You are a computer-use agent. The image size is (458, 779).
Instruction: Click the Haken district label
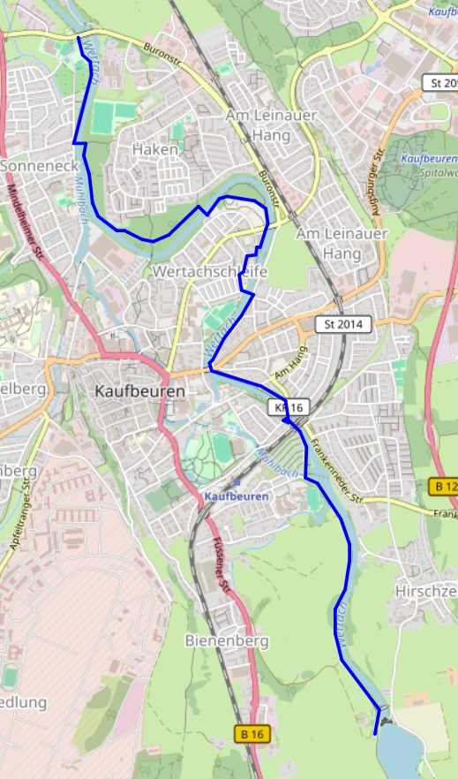click(154, 150)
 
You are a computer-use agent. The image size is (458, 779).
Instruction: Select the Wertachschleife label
click(209, 271)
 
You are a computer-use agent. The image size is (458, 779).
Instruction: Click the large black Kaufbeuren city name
click(139, 390)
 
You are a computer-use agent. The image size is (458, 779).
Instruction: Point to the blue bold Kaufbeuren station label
click(236, 497)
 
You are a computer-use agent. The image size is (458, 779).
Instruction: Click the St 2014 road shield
click(344, 324)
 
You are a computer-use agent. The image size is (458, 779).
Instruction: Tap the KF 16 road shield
click(289, 407)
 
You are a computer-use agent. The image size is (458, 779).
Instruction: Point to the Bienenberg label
click(221, 639)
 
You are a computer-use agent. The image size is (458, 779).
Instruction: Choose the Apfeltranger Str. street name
click(26, 522)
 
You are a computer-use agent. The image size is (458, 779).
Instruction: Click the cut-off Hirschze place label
click(427, 590)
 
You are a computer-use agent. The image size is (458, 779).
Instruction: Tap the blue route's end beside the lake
click(376, 733)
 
